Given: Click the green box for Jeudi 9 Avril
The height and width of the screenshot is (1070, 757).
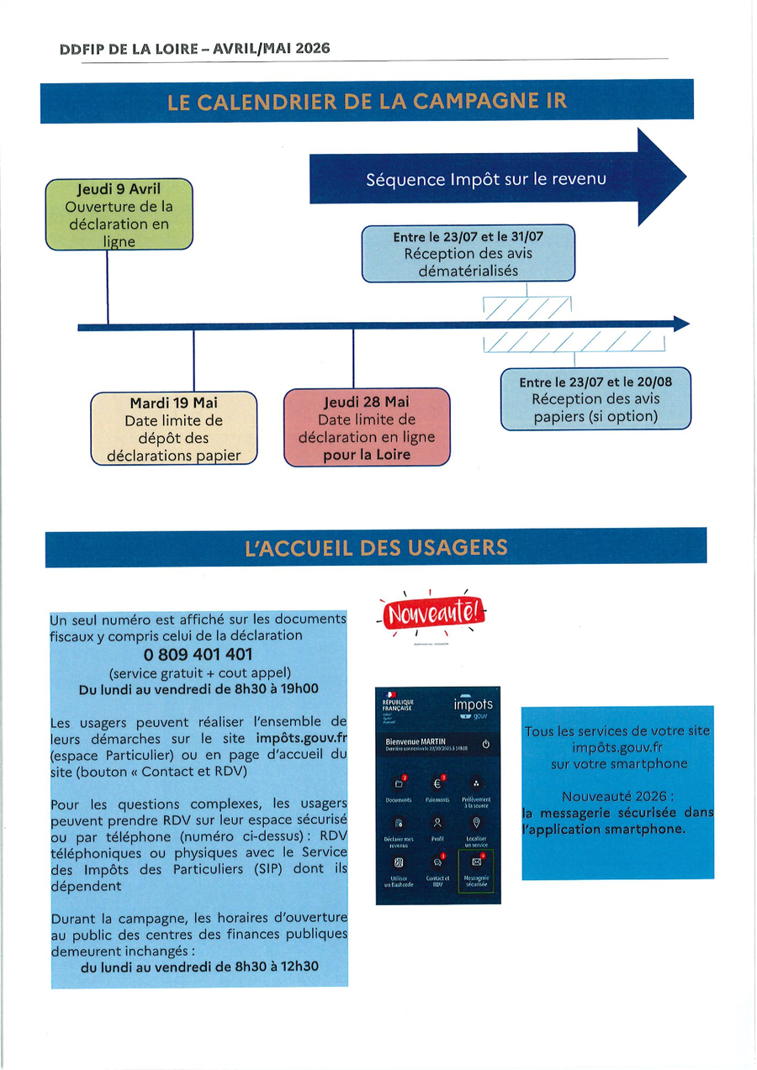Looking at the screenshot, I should pos(119,214).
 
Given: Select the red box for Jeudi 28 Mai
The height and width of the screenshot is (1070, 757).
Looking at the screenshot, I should pos(367,427).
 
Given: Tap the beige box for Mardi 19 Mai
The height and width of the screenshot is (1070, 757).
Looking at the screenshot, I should pos(173,429).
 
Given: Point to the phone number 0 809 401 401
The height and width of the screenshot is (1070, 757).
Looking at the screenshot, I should pos(199,654).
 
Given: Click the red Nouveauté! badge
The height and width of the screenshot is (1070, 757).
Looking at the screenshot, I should pos(434,614).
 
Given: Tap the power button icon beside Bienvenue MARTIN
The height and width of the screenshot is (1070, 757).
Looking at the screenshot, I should pos(485,744).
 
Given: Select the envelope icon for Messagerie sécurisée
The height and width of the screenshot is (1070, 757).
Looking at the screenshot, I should pos(476,862).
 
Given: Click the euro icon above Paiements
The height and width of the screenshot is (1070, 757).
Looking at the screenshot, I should pos(437,783).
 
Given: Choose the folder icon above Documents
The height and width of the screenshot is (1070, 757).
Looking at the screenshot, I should pos(399,783).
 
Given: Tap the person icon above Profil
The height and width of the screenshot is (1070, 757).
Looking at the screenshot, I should pos(437,822).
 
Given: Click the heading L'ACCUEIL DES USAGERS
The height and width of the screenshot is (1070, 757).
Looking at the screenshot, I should pos(376,548).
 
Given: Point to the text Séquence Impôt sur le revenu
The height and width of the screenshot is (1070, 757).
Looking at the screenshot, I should pos(486,179).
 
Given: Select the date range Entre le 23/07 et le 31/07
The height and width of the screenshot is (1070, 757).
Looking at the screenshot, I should pos(468,238).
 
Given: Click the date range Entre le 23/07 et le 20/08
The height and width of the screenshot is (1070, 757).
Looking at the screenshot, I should pos(596,382).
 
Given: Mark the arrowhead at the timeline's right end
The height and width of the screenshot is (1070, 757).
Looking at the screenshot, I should pos(681,324).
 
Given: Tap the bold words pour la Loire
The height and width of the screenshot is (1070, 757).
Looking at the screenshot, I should pos(367,455).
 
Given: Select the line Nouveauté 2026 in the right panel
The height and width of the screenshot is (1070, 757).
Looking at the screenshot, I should pos(617,796).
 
